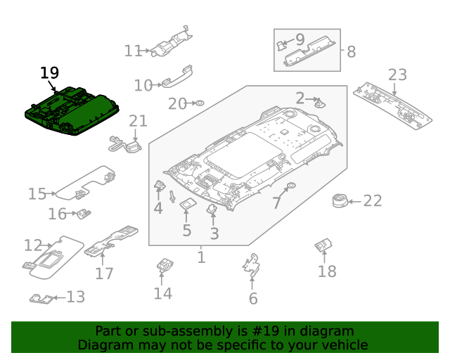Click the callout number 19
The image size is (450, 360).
click(x=49, y=73)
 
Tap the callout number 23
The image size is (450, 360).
click(x=397, y=75)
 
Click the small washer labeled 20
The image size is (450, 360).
click(x=199, y=104)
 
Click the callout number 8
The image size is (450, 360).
click(x=352, y=51)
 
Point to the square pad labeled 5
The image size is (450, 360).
click(x=187, y=205)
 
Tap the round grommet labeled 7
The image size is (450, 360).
click(x=289, y=187)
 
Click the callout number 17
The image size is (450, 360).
click(x=104, y=273)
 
